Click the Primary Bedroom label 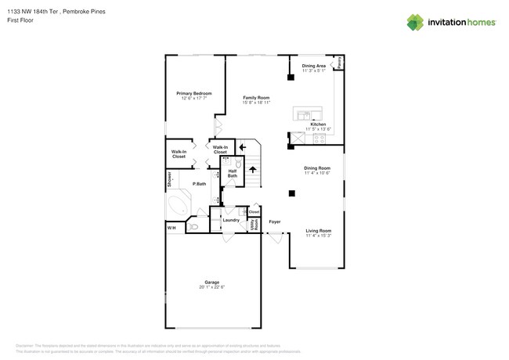[x=197, y=93]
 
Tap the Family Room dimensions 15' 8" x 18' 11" [x=255, y=103]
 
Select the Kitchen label [x=318, y=124]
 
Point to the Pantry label [x=339, y=62]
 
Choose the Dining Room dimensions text [x=318, y=173]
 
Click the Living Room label [x=318, y=230]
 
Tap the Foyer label [x=275, y=221]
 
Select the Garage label [x=211, y=282]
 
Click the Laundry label [x=231, y=220]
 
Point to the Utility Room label [x=254, y=225]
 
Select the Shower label [x=168, y=179]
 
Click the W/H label [x=171, y=228]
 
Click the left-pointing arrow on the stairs [x=243, y=146]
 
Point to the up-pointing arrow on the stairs [x=253, y=168]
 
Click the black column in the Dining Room [x=291, y=193]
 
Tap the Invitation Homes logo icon [x=416, y=22]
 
